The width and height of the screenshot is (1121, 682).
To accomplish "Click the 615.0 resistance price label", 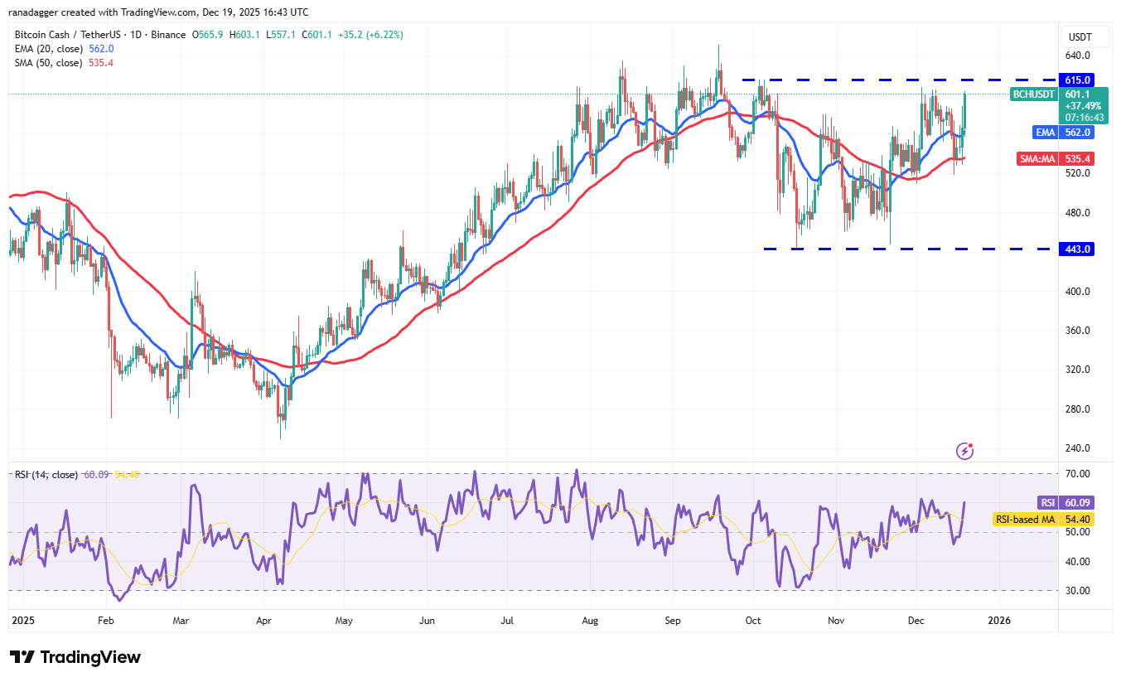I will pos(1080,80).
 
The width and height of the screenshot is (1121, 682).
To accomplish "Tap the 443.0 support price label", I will pos(1080,249).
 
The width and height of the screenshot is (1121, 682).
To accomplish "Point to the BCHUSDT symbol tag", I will pos(1034,94).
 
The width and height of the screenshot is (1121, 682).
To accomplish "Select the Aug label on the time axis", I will pos(590,620).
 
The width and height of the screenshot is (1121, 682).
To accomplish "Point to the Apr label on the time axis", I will pos(264,620).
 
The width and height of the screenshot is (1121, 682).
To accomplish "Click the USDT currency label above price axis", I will pos(1080,36).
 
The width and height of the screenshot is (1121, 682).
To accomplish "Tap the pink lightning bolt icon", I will pos(964,451).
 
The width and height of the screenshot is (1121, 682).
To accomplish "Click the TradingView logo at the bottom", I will pos(75,657).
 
